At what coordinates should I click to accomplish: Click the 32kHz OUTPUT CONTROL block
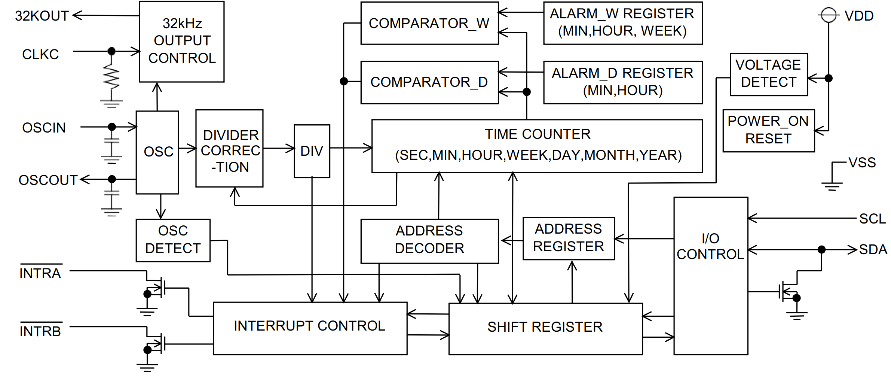(x=182, y=41)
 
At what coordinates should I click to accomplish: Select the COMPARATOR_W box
(x=429, y=23)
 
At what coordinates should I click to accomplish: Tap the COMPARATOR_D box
(x=429, y=82)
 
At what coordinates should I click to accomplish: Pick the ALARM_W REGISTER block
(x=623, y=23)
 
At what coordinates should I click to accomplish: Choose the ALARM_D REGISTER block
(x=623, y=82)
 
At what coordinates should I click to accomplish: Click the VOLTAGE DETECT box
(x=769, y=74)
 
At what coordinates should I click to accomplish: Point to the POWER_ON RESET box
(x=768, y=130)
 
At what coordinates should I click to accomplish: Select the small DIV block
(x=312, y=151)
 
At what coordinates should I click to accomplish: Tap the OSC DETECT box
(x=173, y=240)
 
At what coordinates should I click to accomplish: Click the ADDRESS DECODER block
(x=429, y=241)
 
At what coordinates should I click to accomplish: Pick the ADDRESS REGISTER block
(x=569, y=238)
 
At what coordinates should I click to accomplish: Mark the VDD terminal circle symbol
(x=829, y=15)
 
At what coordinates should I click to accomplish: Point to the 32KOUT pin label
(x=42, y=16)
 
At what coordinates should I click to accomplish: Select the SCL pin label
(x=872, y=219)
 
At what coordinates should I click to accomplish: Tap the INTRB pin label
(x=40, y=331)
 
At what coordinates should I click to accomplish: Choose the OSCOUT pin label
(x=48, y=180)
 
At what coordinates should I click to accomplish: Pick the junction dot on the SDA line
(x=821, y=249)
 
